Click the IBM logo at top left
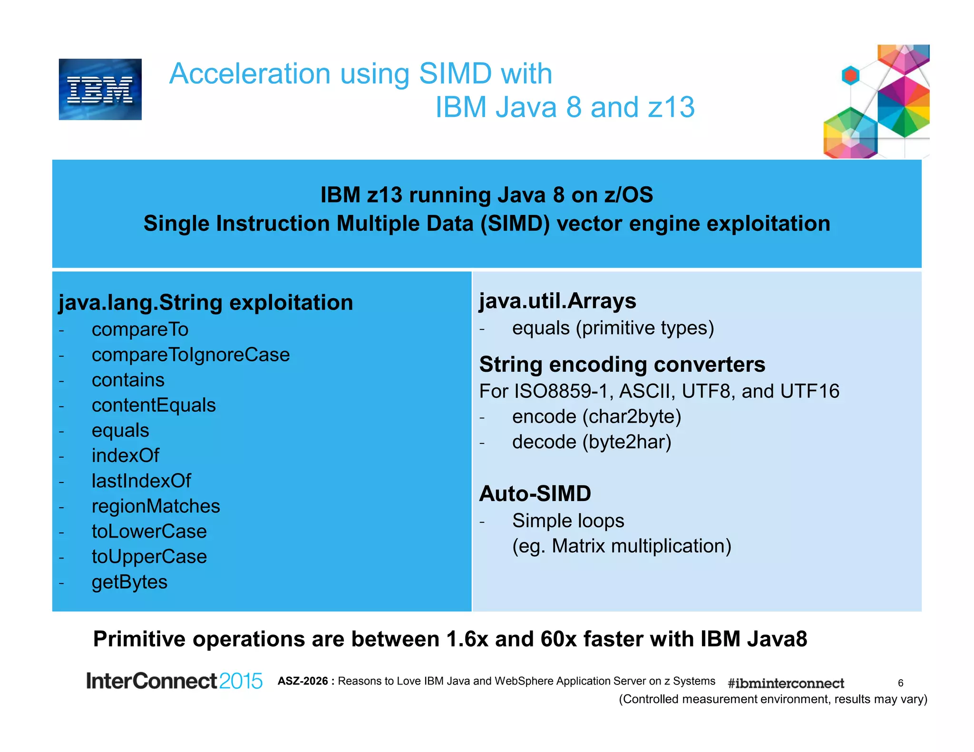coord(100,89)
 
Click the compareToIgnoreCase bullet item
coord(190,355)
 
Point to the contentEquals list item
coord(154,405)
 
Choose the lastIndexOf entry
coord(141,481)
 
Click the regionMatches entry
coord(156,506)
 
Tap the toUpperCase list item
coord(149,557)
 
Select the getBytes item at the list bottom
coord(129,582)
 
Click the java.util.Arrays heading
coord(557,301)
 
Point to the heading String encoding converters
coord(622,365)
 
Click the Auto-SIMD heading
coord(535,493)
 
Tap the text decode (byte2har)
coord(591,442)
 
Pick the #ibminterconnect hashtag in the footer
coord(786,684)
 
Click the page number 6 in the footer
coord(900,683)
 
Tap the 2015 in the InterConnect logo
coord(241,681)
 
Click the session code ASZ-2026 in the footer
coord(303,681)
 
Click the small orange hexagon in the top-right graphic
coord(850,75)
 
